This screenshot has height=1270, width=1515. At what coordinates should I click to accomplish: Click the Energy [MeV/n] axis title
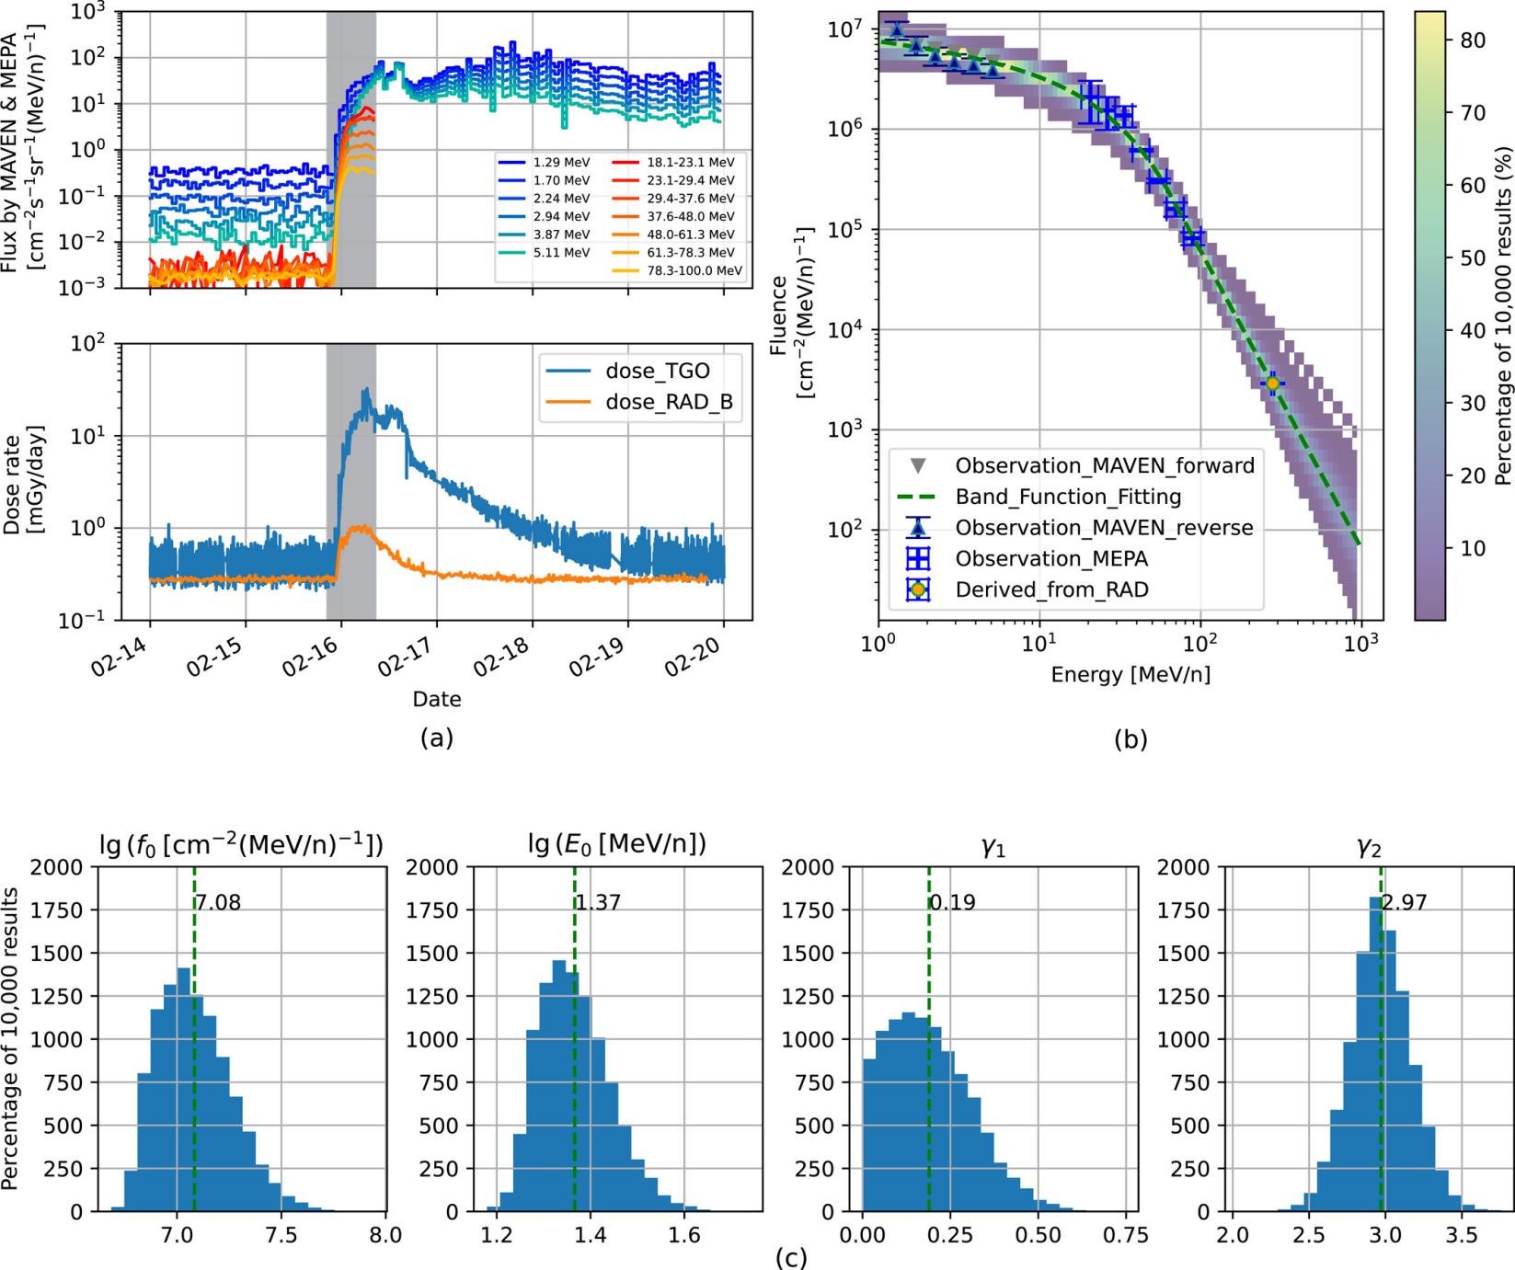click(x=1131, y=675)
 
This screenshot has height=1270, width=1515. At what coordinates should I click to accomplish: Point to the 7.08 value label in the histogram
click(x=218, y=903)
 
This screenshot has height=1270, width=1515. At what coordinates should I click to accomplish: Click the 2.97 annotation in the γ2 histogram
click(x=1404, y=903)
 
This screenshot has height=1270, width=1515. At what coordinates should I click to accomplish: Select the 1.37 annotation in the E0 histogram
click(x=598, y=903)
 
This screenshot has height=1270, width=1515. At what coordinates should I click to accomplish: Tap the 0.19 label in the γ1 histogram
click(x=953, y=903)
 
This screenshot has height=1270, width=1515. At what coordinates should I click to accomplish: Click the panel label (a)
click(x=436, y=738)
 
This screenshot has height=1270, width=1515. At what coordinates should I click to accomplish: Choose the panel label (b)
click(x=1130, y=738)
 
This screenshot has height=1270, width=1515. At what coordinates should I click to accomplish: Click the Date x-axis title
click(x=437, y=699)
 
